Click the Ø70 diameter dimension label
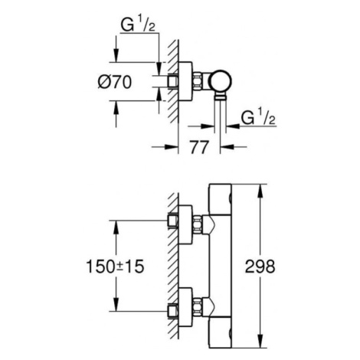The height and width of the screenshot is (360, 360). [115, 82]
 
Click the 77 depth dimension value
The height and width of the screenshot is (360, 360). [199, 147]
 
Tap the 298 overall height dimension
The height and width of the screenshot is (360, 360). [260, 267]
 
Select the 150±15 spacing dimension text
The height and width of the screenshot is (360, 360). [115, 267]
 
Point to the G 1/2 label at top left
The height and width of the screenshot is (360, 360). [138, 25]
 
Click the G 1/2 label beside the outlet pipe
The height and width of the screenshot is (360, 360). [258, 118]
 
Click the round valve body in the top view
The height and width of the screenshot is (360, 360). [221, 81]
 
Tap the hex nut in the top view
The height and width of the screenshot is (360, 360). [197, 81]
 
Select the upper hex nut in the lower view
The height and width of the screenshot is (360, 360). [197, 224]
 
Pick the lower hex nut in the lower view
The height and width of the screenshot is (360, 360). [197, 306]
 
